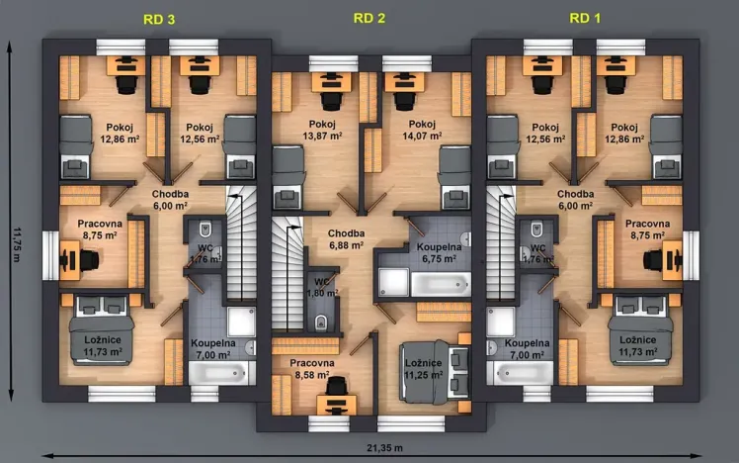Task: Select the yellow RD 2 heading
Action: point(369,17)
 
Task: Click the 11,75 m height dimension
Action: point(16,243)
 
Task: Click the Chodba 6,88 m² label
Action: point(347,239)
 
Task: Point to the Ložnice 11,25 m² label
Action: point(426,369)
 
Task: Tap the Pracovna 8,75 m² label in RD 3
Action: point(99,231)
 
